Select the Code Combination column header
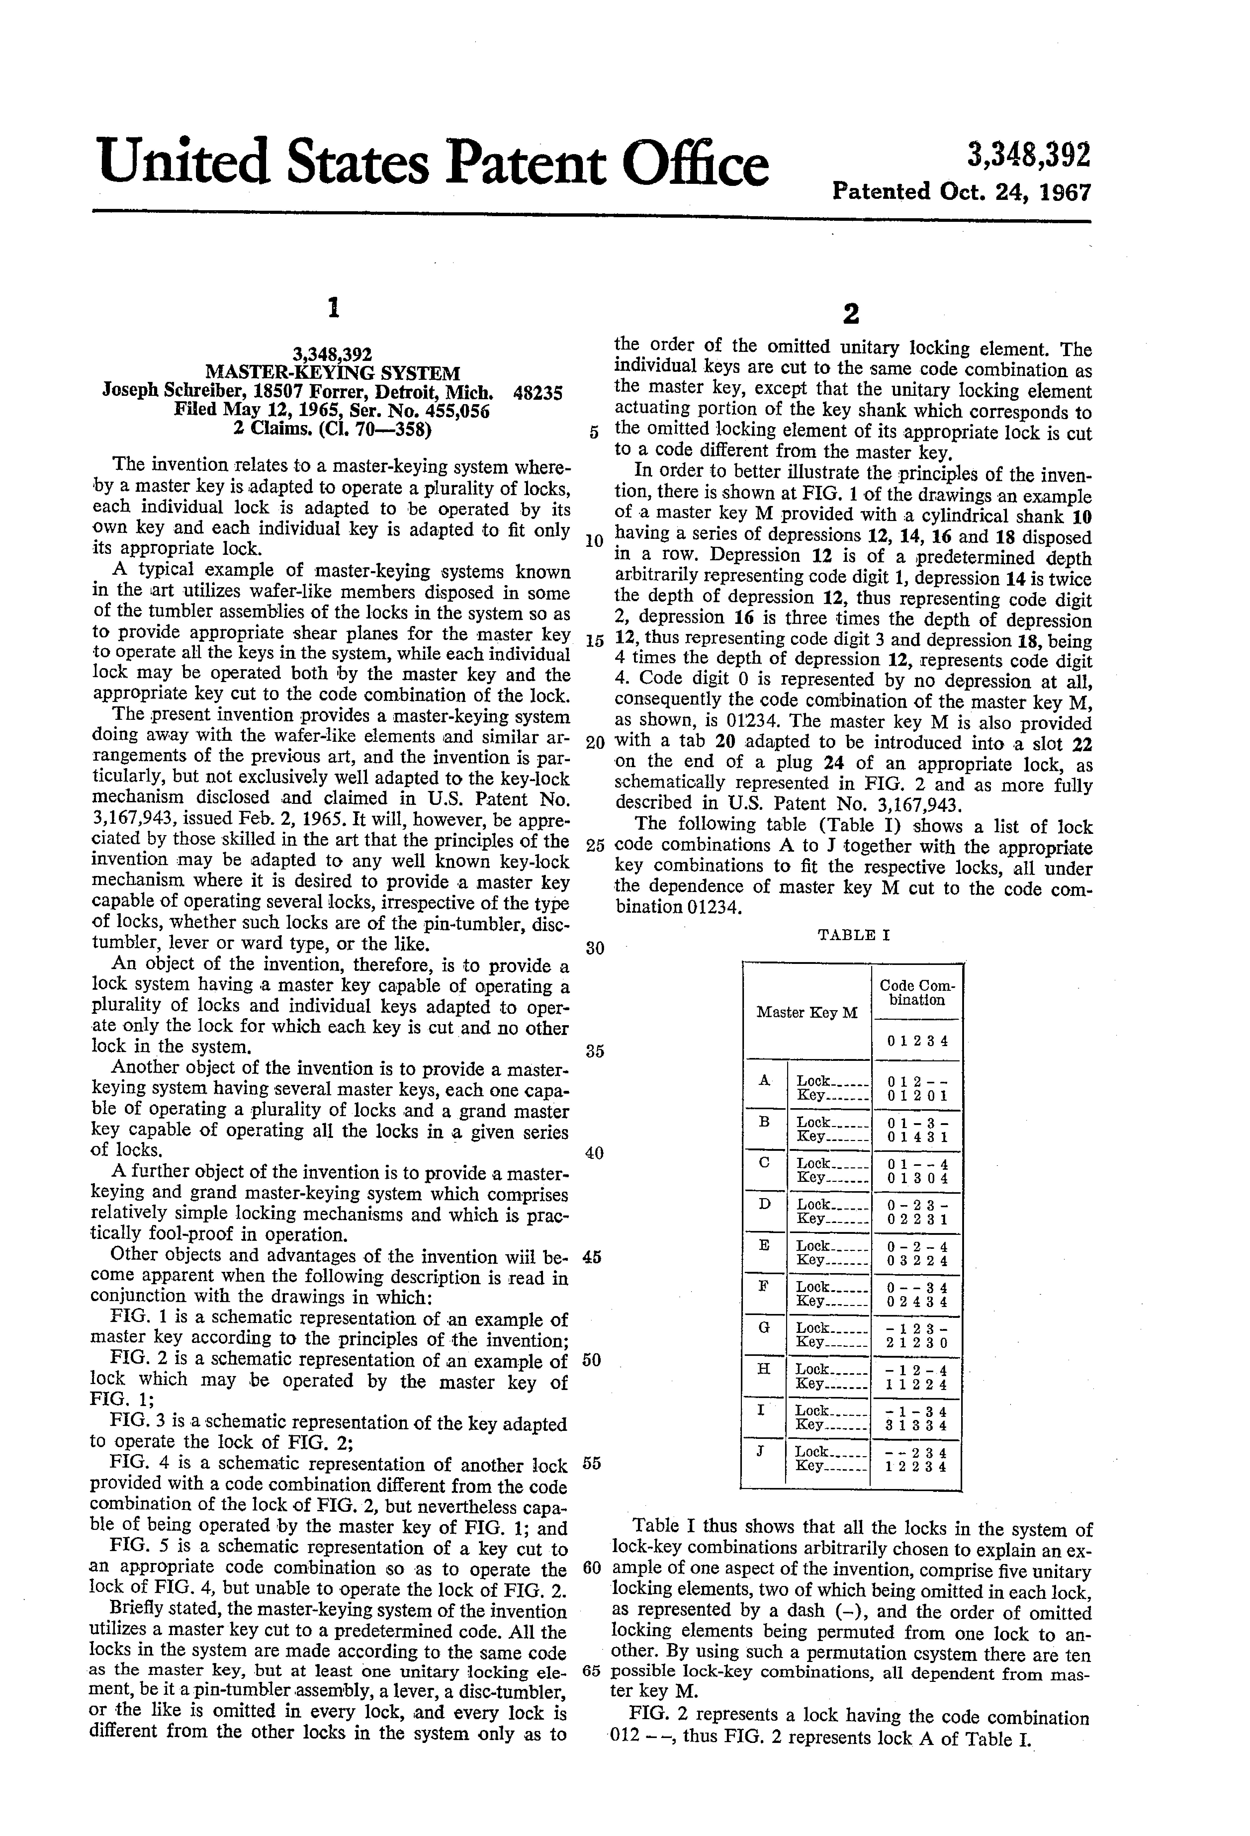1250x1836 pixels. (x=917, y=992)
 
